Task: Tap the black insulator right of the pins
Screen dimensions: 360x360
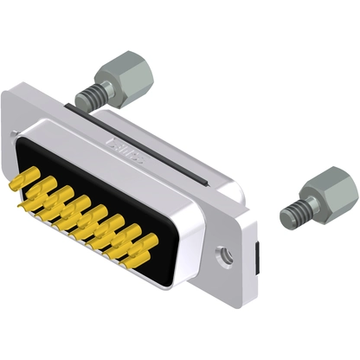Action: coord(177,232)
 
